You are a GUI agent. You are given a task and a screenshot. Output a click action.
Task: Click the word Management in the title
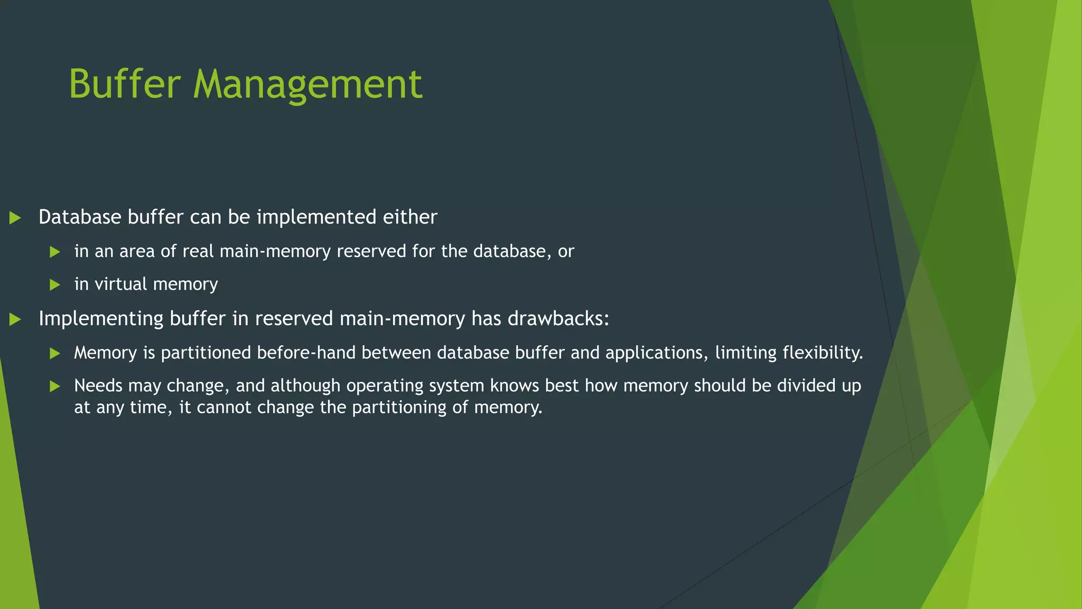point(307,85)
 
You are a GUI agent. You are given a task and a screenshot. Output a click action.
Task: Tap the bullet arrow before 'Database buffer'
point(15,218)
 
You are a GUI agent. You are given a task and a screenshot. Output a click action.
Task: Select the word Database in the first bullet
point(80,217)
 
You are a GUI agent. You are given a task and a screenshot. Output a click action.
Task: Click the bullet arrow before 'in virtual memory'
point(55,285)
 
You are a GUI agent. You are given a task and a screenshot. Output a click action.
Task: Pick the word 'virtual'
point(121,284)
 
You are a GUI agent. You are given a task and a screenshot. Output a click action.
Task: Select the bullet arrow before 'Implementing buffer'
point(15,319)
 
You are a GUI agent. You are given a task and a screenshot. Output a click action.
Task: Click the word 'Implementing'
point(101,319)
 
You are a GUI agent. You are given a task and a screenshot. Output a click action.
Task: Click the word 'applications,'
point(657,353)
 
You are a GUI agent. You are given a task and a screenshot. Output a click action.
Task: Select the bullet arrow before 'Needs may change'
point(55,386)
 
